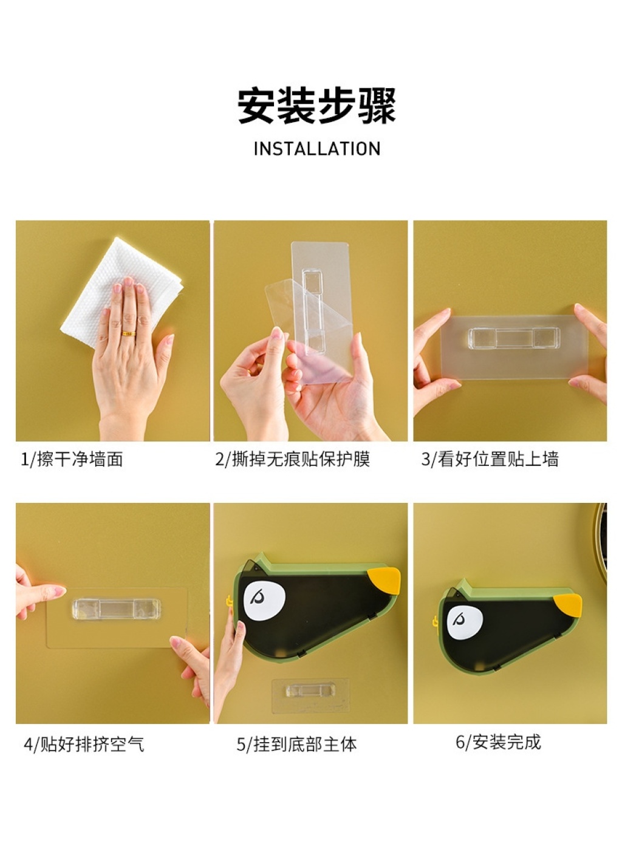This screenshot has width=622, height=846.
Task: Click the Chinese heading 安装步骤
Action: [x=316, y=106]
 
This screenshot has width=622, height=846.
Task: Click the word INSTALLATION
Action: [x=317, y=149]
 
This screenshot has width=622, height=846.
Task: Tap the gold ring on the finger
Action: [x=129, y=333]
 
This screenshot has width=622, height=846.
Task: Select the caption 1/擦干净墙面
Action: [x=72, y=459]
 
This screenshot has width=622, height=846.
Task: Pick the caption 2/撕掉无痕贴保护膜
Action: [x=292, y=459]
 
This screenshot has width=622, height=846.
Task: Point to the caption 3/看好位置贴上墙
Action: [x=490, y=459]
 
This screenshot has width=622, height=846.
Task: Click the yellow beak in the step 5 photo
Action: [x=384, y=581]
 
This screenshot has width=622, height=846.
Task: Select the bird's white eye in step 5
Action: [x=264, y=601]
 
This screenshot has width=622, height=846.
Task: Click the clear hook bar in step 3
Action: [x=514, y=338]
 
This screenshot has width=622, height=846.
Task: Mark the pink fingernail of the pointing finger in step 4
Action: [x=60, y=590]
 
